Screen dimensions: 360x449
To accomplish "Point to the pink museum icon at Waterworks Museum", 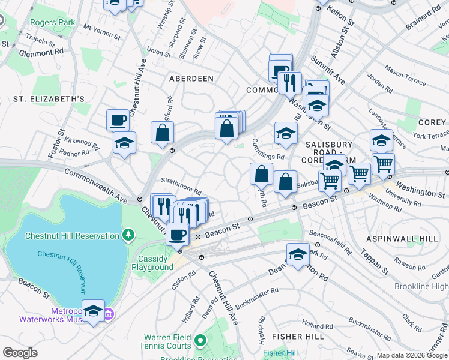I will pos(109,313).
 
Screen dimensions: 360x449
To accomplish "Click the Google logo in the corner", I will pos(20,353).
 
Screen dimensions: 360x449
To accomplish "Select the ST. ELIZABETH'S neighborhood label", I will pos(50,98).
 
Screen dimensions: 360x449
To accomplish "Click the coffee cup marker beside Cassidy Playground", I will pos(176,235).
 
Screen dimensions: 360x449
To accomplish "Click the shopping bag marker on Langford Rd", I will pos(163,133).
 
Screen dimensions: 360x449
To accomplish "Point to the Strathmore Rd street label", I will pos(181,181).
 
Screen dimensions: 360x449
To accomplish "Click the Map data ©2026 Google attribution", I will pos(411,355).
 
